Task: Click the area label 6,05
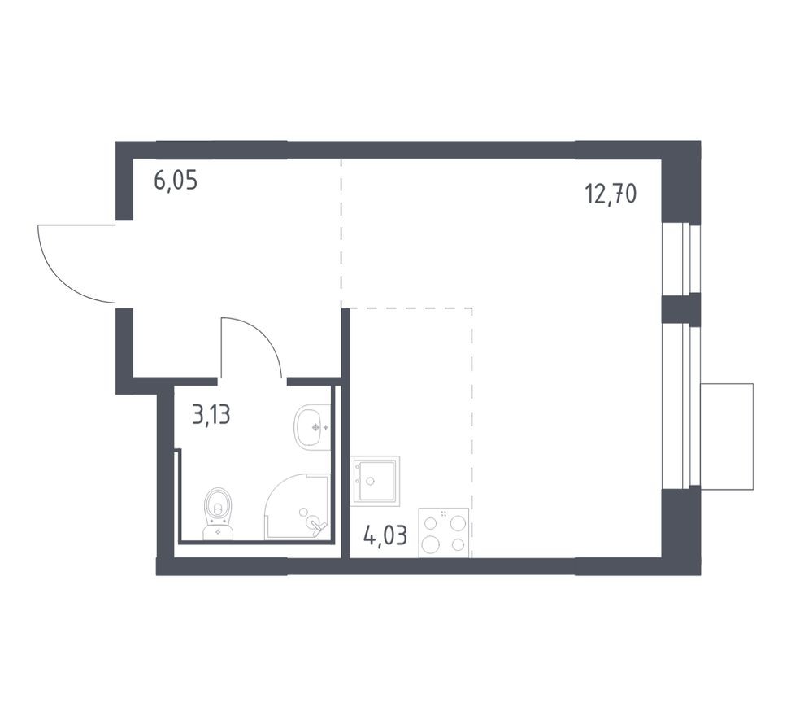[x=176, y=181]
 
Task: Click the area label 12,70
[x=610, y=194]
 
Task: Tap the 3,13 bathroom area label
[x=211, y=415]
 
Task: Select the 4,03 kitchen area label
[x=385, y=536]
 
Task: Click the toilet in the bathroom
[x=218, y=513]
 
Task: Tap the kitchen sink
[x=376, y=481]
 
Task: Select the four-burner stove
[x=444, y=532]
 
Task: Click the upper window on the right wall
[x=680, y=259]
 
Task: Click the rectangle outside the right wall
[x=727, y=436]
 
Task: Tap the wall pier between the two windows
[x=680, y=309]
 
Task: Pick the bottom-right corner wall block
[x=680, y=529]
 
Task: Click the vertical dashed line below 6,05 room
[x=341, y=232]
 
